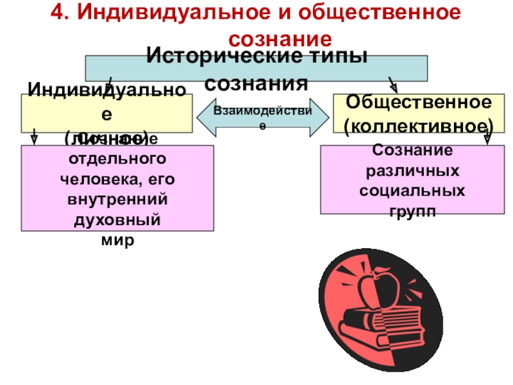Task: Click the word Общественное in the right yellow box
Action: point(419,101)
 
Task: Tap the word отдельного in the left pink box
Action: point(117,158)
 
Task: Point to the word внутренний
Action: point(117,200)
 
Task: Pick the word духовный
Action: point(117,221)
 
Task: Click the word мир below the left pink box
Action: point(117,243)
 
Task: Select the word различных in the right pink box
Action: point(412,171)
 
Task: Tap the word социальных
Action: point(412,192)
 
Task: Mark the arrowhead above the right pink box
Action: point(487,137)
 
